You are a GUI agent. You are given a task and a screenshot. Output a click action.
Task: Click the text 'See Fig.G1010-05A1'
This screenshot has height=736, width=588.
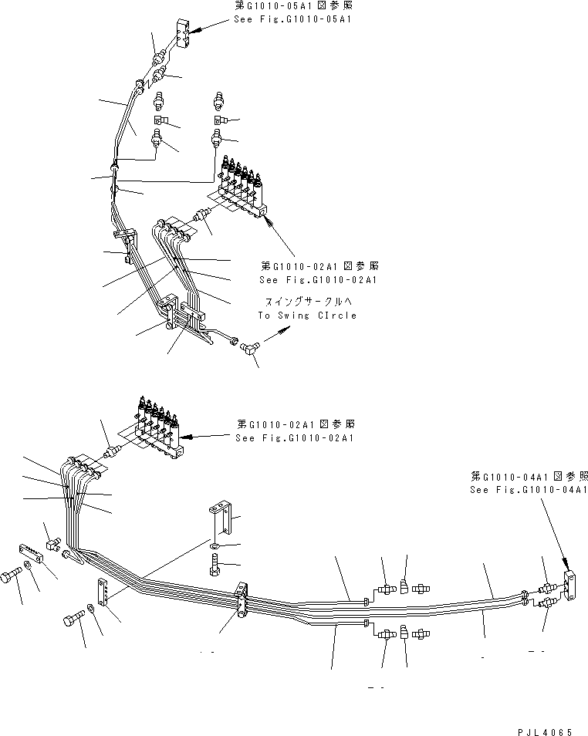tap(292, 19)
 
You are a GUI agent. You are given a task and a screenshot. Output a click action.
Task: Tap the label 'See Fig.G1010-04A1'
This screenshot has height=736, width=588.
tap(529, 490)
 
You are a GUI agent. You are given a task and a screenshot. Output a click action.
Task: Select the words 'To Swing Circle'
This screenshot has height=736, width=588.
tap(307, 316)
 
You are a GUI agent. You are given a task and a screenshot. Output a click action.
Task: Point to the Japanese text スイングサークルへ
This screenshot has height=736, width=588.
tap(307, 303)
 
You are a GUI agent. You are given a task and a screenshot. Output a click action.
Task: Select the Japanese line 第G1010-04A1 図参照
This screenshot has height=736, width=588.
tap(529, 476)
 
